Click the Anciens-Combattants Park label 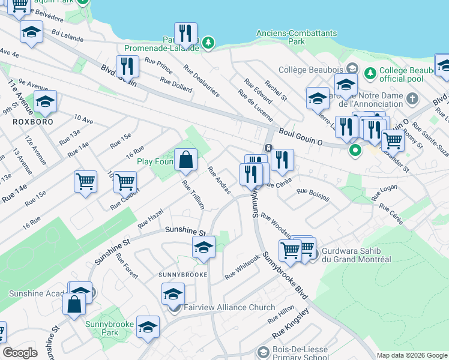tap(296, 38)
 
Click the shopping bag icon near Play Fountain tap(186, 160)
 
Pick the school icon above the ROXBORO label tap(45, 103)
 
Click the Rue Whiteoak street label tap(242, 267)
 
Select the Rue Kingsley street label tap(290, 325)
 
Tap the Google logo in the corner tap(20, 353)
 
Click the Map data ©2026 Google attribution tap(412, 355)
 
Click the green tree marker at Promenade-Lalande tap(208, 43)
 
